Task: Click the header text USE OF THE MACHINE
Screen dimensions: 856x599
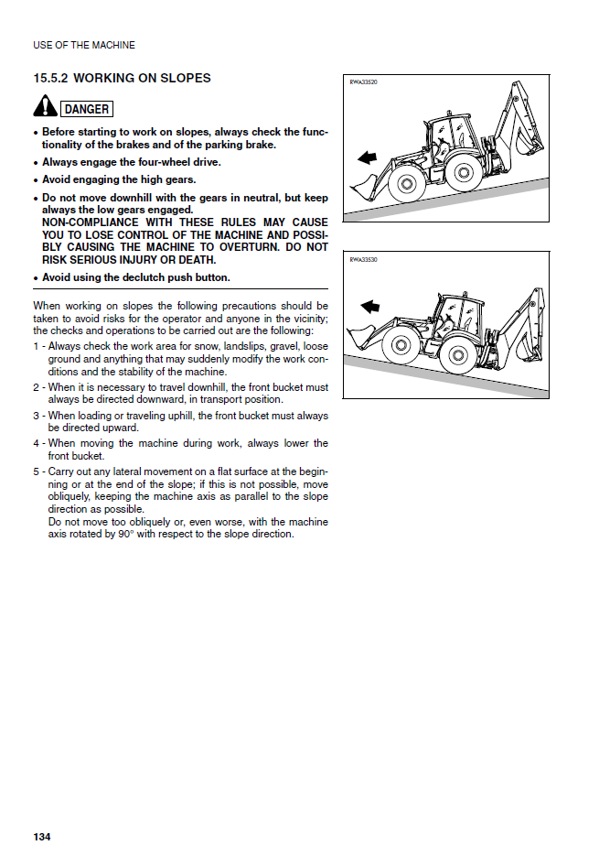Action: (x=83, y=45)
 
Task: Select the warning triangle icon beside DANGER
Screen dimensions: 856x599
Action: (x=45, y=108)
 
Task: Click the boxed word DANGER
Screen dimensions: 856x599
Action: (x=87, y=109)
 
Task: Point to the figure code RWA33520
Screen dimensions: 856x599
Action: (x=364, y=82)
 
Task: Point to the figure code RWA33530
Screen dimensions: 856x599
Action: (x=364, y=260)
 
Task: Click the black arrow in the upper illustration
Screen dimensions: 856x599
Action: (x=367, y=157)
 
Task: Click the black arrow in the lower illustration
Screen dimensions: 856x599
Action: (x=370, y=306)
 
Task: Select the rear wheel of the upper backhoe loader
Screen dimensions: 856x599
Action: (x=461, y=173)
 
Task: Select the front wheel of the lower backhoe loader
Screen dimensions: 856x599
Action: (x=400, y=346)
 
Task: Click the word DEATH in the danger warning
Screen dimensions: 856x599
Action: (x=195, y=260)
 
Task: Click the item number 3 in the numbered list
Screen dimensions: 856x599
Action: (x=37, y=417)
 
